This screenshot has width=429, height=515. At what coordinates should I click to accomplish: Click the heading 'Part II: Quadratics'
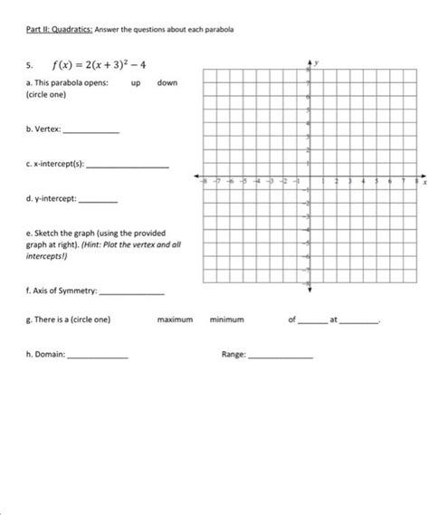(53, 30)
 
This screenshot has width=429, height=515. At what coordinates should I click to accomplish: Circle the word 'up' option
(137, 82)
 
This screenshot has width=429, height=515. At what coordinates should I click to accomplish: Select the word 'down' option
(167, 82)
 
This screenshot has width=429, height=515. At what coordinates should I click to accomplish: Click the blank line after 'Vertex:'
(91, 132)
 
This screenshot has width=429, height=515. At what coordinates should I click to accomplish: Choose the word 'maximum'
(175, 319)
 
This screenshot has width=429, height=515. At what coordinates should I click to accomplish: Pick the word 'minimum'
(227, 319)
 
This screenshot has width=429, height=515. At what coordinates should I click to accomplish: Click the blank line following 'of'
(310, 321)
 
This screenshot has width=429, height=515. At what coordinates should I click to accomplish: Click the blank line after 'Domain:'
(99, 357)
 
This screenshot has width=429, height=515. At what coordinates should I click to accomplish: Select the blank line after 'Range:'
(281, 357)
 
